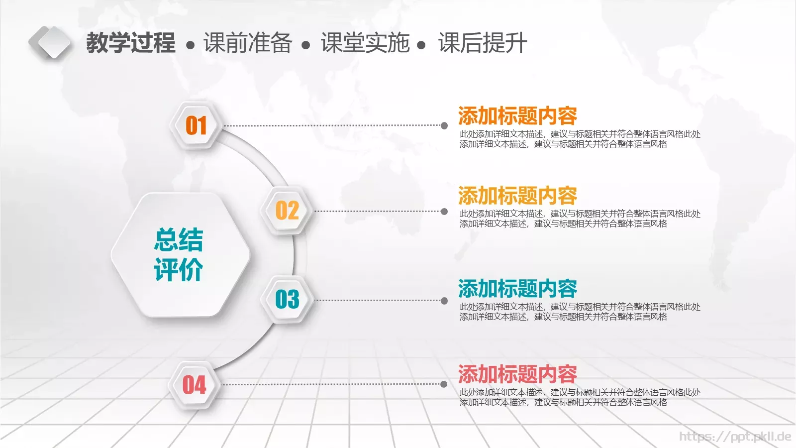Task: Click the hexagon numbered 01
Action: click(x=196, y=125)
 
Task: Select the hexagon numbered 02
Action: click(x=287, y=211)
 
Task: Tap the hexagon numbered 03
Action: click(x=287, y=299)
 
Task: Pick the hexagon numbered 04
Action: click(x=195, y=385)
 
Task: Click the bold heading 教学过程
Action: click(x=131, y=43)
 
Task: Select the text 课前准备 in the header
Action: click(x=248, y=43)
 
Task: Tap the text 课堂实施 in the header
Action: click(x=365, y=43)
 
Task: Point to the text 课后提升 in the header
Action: click(x=483, y=43)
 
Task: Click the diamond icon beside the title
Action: click(x=50, y=42)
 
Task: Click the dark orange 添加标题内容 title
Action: click(x=517, y=116)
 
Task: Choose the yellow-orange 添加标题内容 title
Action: click(x=517, y=196)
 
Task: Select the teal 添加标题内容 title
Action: click(x=517, y=288)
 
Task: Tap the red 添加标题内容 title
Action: click(x=517, y=374)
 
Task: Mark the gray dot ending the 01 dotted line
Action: click(x=444, y=125)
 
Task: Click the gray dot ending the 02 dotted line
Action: click(x=444, y=212)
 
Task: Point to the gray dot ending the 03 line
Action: click(x=444, y=301)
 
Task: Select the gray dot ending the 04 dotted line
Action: click(x=444, y=384)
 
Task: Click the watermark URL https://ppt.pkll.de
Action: click(x=735, y=437)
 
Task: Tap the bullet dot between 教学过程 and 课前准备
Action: click(x=191, y=45)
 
